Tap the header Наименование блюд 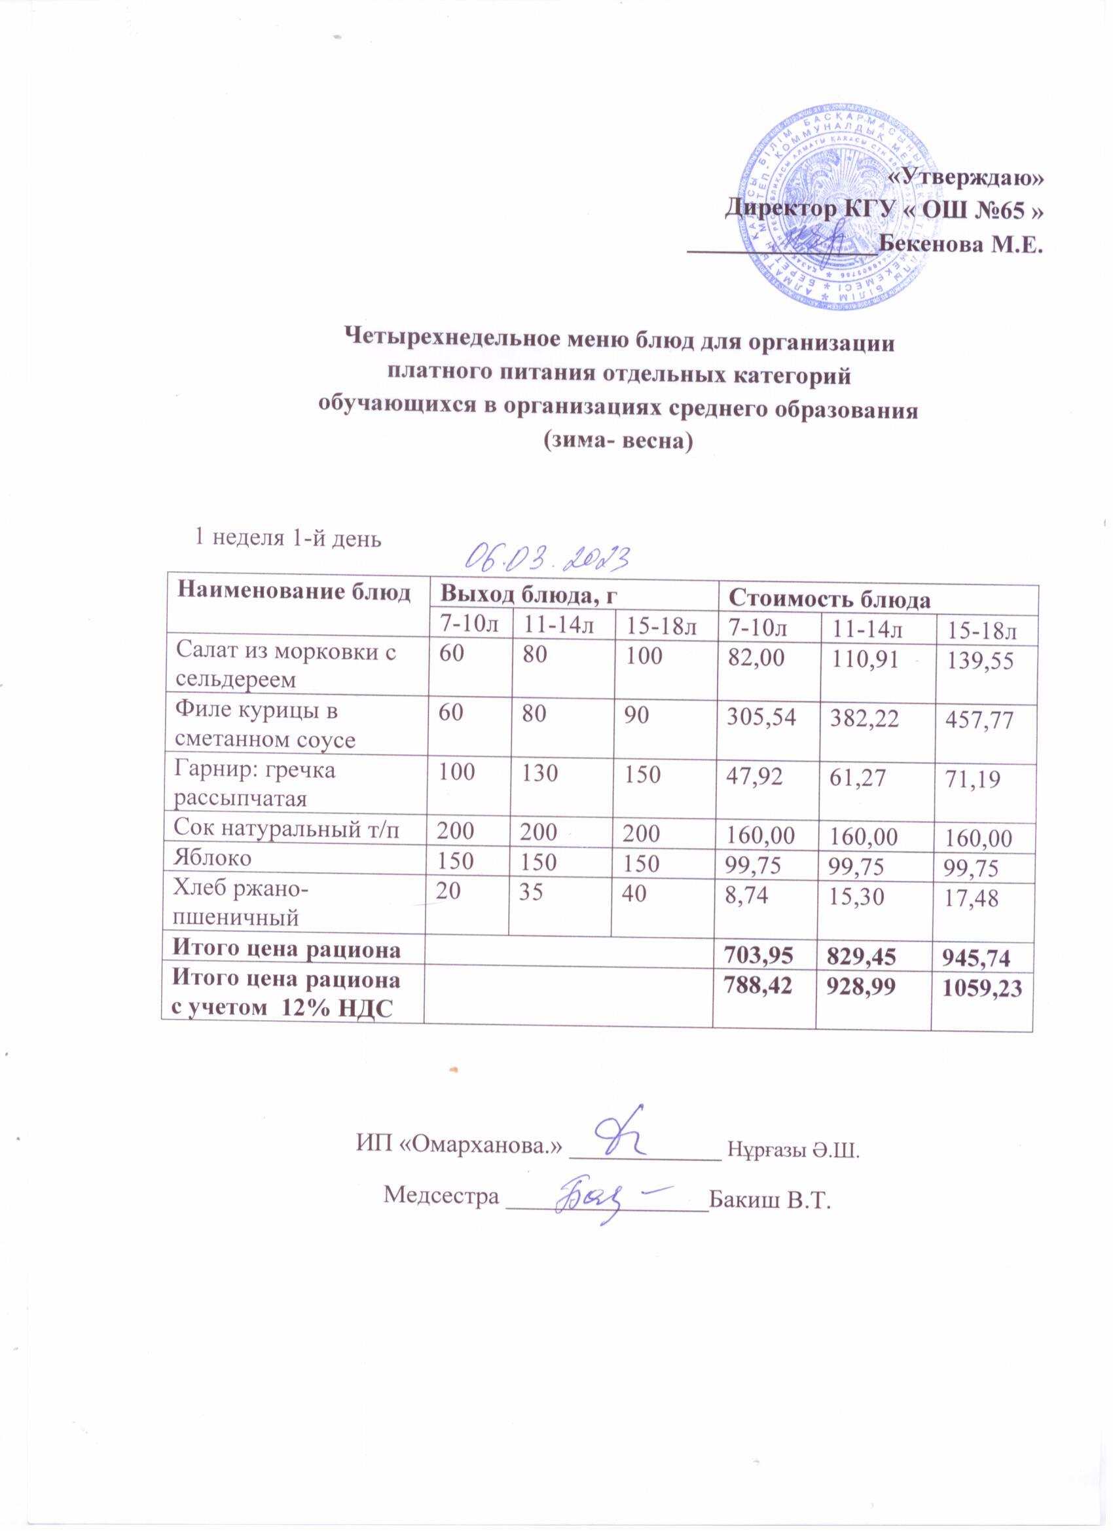tap(293, 592)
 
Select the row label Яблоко tap(213, 858)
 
